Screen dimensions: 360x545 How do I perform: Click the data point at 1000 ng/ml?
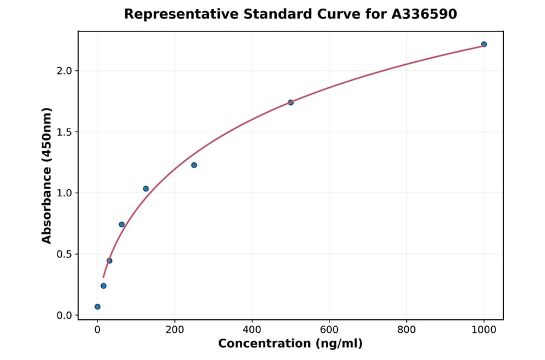[x=484, y=44]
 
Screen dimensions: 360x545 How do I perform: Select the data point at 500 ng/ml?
[x=291, y=102]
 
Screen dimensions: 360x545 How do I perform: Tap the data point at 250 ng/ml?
[x=194, y=165]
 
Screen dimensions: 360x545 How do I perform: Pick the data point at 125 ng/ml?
[x=146, y=188]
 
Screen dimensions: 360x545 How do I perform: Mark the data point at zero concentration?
[x=97, y=307]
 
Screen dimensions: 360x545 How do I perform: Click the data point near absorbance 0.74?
[x=122, y=224]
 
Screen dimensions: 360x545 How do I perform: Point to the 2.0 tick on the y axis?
[x=64, y=71]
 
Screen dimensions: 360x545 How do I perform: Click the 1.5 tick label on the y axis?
[x=64, y=132]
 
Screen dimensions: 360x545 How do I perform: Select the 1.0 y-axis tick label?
[x=64, y=193]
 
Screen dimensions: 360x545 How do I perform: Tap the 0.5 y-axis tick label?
[x=64, y=255]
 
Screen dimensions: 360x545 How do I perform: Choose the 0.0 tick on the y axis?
[x=64, y=316]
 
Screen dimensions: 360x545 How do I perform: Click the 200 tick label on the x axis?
[x=174, y=330]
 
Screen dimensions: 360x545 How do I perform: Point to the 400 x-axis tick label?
[x=252, y=330]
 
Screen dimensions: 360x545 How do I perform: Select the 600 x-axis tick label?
[x=329, y=330]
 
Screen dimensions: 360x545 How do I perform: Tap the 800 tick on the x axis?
[x=406, y=330]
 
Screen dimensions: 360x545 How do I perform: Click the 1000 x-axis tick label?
[x=484, y=330]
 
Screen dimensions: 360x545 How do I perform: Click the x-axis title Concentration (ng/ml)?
[x=290, y=344]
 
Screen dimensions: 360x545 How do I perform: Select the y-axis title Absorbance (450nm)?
[x=47, y=175]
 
